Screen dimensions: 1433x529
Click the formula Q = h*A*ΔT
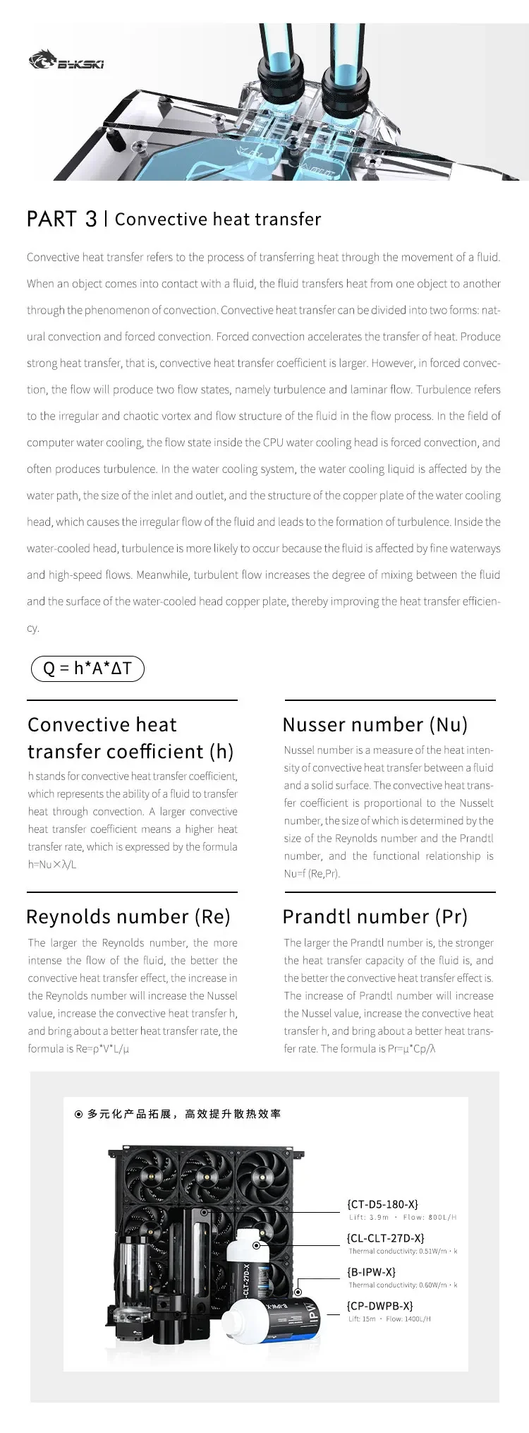point(87,668)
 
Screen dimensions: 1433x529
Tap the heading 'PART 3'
point(61,219)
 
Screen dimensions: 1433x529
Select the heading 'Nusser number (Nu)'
point(375,725)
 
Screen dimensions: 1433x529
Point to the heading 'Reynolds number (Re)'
point(128,917)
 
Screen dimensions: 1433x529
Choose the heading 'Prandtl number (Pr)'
point(375,917)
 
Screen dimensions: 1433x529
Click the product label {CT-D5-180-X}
point(383,1204)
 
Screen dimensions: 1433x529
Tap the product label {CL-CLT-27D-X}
point(386,1238)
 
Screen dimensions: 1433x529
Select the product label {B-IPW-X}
point(372,1272)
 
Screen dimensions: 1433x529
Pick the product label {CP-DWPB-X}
point(380,1306)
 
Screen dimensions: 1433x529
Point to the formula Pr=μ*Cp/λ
point(412,1049)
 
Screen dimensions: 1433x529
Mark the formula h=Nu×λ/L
point(52,865)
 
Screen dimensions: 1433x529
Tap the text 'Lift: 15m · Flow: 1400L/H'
point(389,1319)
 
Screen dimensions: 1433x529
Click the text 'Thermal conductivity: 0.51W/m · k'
point(403,1251)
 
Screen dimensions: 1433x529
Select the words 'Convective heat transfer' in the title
point(217,220)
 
